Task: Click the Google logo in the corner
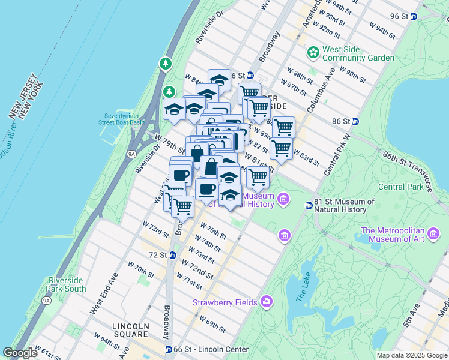(x=20, y=353)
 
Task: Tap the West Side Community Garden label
(x=358, y=53)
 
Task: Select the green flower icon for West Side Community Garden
(x=312, y=53)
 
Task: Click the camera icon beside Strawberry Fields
(x=266, y=302)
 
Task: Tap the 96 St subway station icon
(x=414, y=16)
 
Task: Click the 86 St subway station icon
(x=355, y=121)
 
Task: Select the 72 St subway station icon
(x=172, y=255)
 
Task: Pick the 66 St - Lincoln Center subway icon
(x=169, y=349)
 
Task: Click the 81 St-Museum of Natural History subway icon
(x=309, y=206)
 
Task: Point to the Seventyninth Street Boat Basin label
(x=125, y=119)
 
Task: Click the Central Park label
(x=399, y=187)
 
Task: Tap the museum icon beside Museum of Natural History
(x=283, y=199)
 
